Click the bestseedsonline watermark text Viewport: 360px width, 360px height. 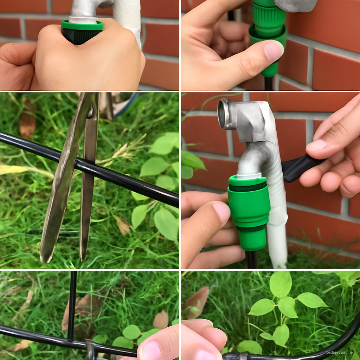(339, 352)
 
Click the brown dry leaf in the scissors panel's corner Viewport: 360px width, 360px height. (27, 120)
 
